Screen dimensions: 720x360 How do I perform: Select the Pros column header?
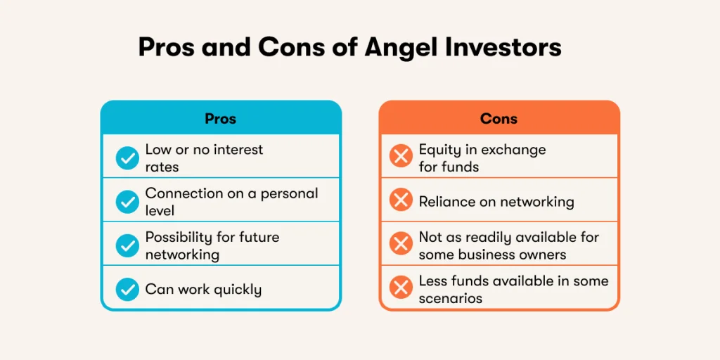coord(220,118)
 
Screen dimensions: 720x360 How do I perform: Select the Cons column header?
coord(499,118)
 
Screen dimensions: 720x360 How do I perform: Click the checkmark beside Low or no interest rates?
coord(127,158)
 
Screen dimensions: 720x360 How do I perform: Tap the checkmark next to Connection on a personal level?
coord(127,202)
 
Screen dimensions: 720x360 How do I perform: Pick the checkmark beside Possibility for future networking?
coord(127,245)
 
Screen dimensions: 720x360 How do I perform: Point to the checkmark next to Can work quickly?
coord(127,289)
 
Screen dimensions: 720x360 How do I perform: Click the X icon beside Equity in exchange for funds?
coord(401,158)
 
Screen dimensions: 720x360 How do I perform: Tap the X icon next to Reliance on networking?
coord(401,202)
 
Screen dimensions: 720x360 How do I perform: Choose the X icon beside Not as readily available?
coord(401,245)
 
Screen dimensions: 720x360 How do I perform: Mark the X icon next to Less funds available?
coord(401,289)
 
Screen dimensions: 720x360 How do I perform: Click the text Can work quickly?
coord(203,290)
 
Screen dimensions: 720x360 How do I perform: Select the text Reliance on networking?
coord(496,202)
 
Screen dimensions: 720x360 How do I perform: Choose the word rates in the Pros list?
coord(162,167)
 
